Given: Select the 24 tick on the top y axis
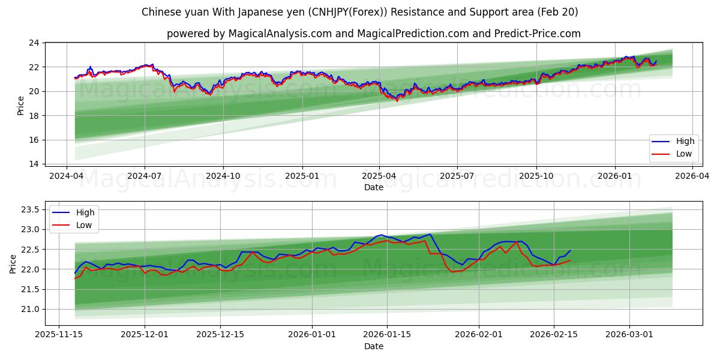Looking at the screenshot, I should pos(34,43).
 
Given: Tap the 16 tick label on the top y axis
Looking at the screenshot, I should pos(34,140).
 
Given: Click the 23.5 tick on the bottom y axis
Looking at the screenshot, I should pos(31,209).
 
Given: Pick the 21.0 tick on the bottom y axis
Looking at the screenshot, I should pos(31,309).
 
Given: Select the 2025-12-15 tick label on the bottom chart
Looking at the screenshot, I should pos(220,334).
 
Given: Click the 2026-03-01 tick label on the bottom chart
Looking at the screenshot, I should pos(629,334).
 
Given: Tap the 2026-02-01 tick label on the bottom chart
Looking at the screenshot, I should pos(479,334).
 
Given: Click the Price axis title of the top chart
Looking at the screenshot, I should pos(21,106).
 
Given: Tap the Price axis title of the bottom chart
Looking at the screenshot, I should pos(13,263).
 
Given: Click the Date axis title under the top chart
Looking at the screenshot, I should pos(373,187).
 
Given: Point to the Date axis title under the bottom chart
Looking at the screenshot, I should pos(373,346).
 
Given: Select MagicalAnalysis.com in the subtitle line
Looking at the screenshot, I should pos(280,34).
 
